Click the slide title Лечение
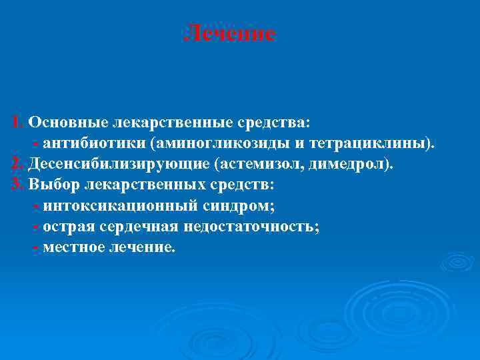coord(229,33)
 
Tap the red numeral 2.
coord(17,164)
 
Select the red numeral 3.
coord(17,185)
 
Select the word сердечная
coord(139,226)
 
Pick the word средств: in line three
coord(240,185)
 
